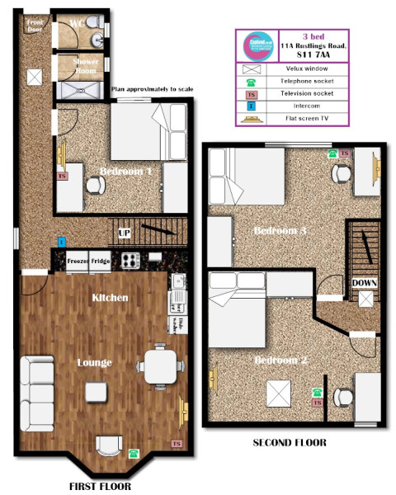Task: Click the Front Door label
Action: tap(34, 25)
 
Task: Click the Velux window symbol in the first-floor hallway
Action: tap(35, 77)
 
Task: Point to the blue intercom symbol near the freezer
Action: tap(61, 242)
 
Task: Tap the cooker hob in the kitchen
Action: tap(130, 261)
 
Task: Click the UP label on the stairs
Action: tap(125, 233)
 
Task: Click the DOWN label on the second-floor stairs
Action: tap(365, 283)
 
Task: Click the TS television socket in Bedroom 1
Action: tap(61, 175)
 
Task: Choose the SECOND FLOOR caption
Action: tap(289, 443)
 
